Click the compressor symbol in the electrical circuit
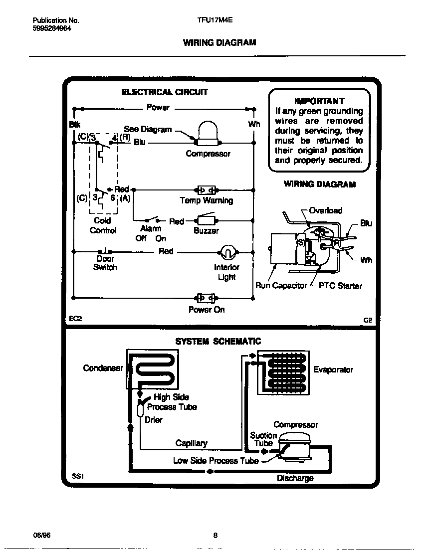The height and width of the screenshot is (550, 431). [x=208, y=134]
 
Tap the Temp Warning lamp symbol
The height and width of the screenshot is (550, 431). [x=206, y=190]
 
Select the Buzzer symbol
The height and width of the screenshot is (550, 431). [x=206, y=220]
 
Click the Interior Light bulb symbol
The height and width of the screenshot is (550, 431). [x=227, y=252]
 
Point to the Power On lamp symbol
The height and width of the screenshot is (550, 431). [x=206, y=298]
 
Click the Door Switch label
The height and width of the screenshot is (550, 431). [x=105, y=263]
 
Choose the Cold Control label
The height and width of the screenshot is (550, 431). [x=103, y=225]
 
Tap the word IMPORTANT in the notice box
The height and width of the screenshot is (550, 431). [x=319, y=100]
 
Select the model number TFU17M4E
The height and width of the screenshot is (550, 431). [x=215, y=20]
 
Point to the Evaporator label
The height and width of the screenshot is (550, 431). [x=333, y=369]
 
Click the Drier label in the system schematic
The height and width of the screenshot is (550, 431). [x=154, y=420]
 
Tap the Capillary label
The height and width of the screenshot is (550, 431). [x=191, y=443]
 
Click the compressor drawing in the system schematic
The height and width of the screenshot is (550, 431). [x=294, y=445]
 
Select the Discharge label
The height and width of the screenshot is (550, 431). [x=295, y=478]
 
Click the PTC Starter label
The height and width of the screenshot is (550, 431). [x=340, y=286]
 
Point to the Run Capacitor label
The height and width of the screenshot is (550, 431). [x=281, y=286]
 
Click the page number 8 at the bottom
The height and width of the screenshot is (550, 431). [x=215, y=536]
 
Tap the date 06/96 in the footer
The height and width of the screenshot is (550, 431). [x=41, y=536]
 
